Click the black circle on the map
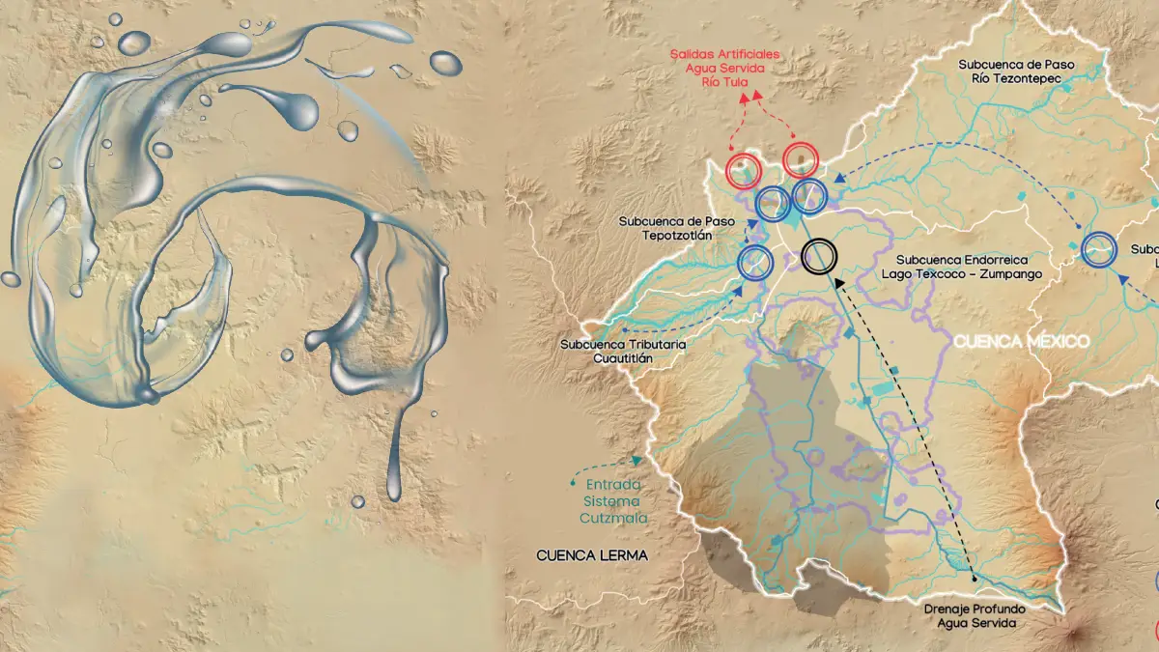(819, 256)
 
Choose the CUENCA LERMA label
(592, 555)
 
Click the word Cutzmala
(613, 518)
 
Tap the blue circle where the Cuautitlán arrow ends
(755, 261)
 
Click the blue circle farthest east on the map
(1098, 249)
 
